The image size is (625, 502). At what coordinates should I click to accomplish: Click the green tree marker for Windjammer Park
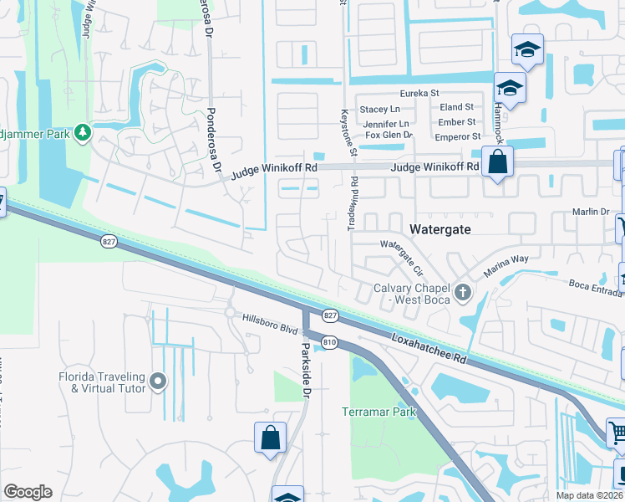[x=82, y=132]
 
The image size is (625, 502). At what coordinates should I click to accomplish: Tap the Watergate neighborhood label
[x=440, y=228]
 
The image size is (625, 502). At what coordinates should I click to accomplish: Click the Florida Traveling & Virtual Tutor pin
[x=158, y=382]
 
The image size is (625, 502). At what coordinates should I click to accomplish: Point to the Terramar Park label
[x=379, y=412]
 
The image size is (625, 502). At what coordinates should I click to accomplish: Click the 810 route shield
[x=328, y=341]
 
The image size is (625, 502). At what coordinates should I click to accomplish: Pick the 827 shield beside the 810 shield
[x=330, y=315]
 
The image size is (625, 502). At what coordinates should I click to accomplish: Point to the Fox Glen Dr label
[x=388, y=135]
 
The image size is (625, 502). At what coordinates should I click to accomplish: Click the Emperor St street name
[x=460, y=136]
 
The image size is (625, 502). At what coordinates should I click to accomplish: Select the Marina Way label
[x=506, y=266]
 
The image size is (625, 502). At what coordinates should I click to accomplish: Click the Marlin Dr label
[x=591, y=213]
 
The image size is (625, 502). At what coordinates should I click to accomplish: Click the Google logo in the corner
[x=28, y=491]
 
